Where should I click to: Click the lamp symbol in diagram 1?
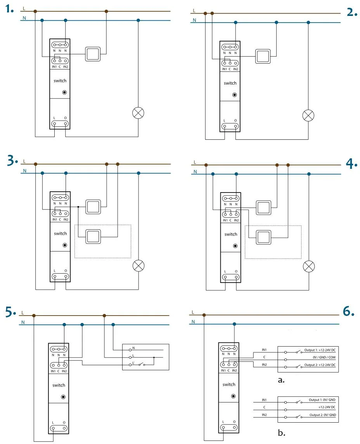pos(138,113)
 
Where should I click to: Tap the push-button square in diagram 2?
pos(263,57)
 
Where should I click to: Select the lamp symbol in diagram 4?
pos(309,266)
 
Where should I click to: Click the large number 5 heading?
pos(10,312)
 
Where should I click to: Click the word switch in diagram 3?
pos(60,234)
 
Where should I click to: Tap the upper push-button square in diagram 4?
pos(263,208)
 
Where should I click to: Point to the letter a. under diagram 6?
pos(282,380)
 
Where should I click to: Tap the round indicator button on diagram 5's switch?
pos(63,397)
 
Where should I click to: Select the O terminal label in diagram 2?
pos(235,121)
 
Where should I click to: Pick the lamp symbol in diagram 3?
pos(138,266)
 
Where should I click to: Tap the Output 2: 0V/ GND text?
pos(322,415)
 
